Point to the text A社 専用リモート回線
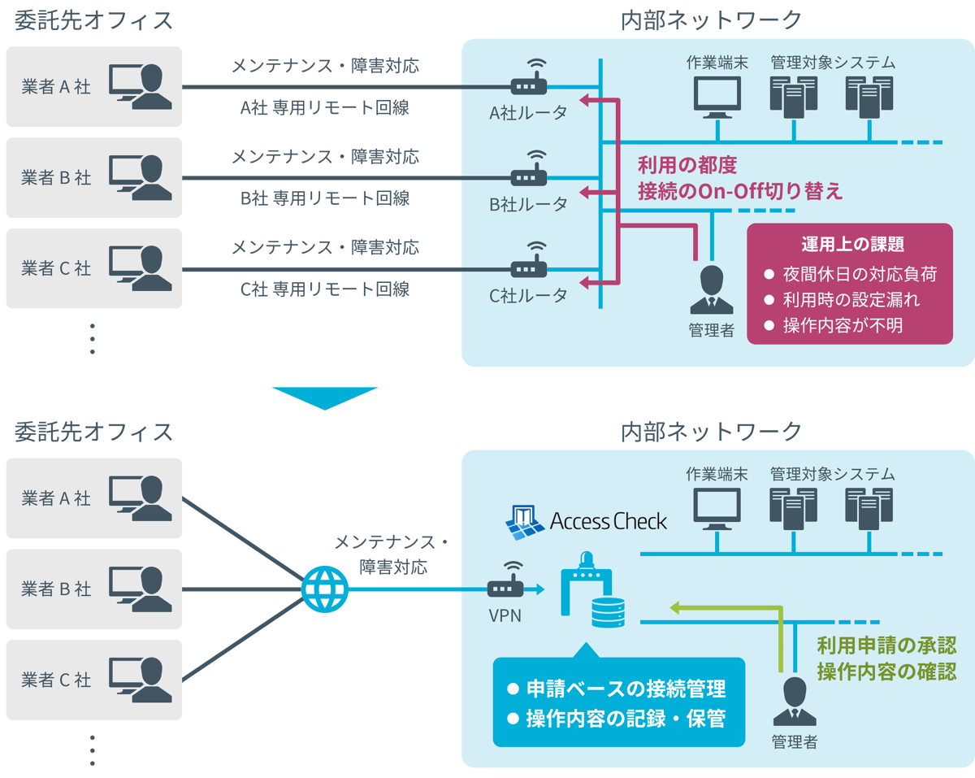coord(324,108)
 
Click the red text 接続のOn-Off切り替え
coord(740,192)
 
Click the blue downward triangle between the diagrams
coord(325,397)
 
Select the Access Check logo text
coord(608,521)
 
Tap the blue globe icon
coord(325,589)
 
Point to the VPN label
coord(505,615)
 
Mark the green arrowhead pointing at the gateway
coord(674,606)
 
